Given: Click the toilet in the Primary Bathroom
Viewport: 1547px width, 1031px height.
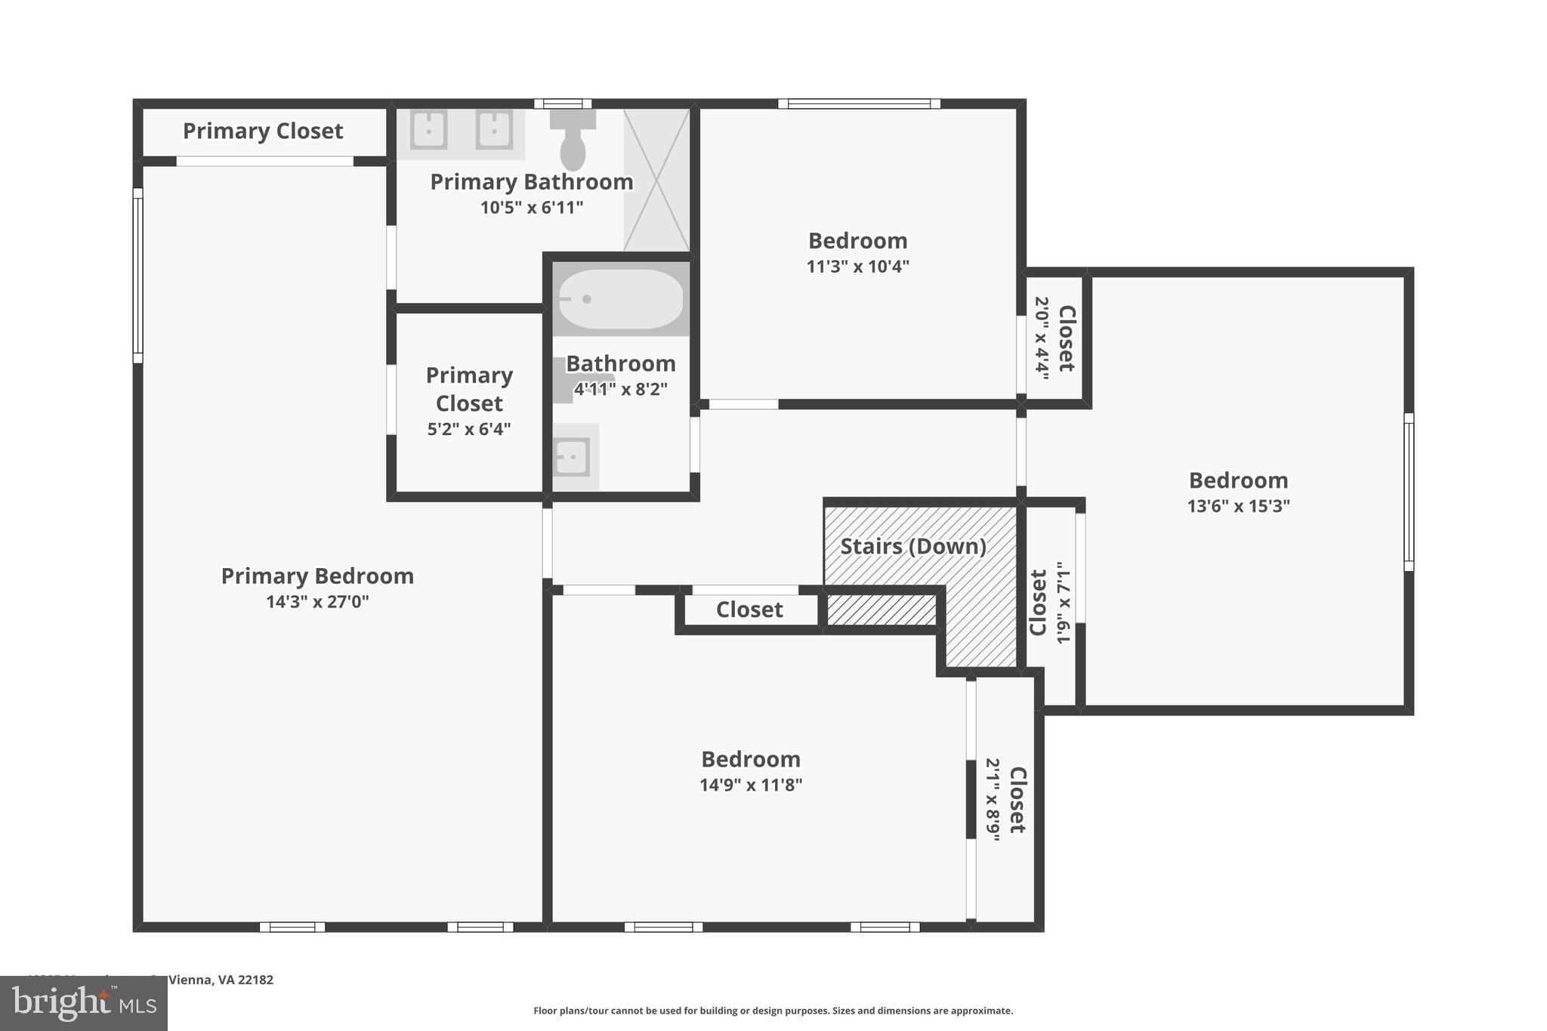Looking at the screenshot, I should [573, 144].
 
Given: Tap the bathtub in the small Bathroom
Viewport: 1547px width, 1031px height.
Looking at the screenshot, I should [621, 299].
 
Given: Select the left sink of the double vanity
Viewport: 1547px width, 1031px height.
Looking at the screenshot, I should [428, 130].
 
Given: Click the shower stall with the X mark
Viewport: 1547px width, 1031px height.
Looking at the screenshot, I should [656, 180].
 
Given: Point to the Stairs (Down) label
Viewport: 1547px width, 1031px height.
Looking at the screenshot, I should [913, 546].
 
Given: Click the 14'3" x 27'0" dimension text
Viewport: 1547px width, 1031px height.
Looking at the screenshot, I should [317, 602].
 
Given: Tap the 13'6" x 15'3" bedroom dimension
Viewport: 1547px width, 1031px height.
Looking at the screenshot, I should [1238, 506].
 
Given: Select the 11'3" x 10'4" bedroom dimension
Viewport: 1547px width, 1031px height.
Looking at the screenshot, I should [857, 267].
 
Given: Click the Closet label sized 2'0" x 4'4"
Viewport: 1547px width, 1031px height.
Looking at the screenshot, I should [1067, 338].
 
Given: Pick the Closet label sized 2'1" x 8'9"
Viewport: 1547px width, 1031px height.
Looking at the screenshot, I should [1017, 800].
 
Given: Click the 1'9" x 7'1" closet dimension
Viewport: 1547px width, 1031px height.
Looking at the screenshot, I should [1064, 602].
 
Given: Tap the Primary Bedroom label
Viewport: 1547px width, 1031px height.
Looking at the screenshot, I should [317, 576].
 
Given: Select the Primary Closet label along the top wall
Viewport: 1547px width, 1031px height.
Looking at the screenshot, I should [263, 131].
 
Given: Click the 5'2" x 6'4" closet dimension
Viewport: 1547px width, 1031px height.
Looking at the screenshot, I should [469, 429].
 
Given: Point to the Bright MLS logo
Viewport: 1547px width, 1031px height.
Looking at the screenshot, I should [84, 1003].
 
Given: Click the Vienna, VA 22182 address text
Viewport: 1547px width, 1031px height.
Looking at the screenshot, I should [221, 980].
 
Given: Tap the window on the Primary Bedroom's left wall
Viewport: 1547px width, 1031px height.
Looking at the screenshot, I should [138, 275].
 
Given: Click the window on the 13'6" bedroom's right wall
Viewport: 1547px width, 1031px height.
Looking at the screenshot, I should [1408, 492].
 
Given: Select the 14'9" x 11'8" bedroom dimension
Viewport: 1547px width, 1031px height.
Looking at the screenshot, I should [750, 785].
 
